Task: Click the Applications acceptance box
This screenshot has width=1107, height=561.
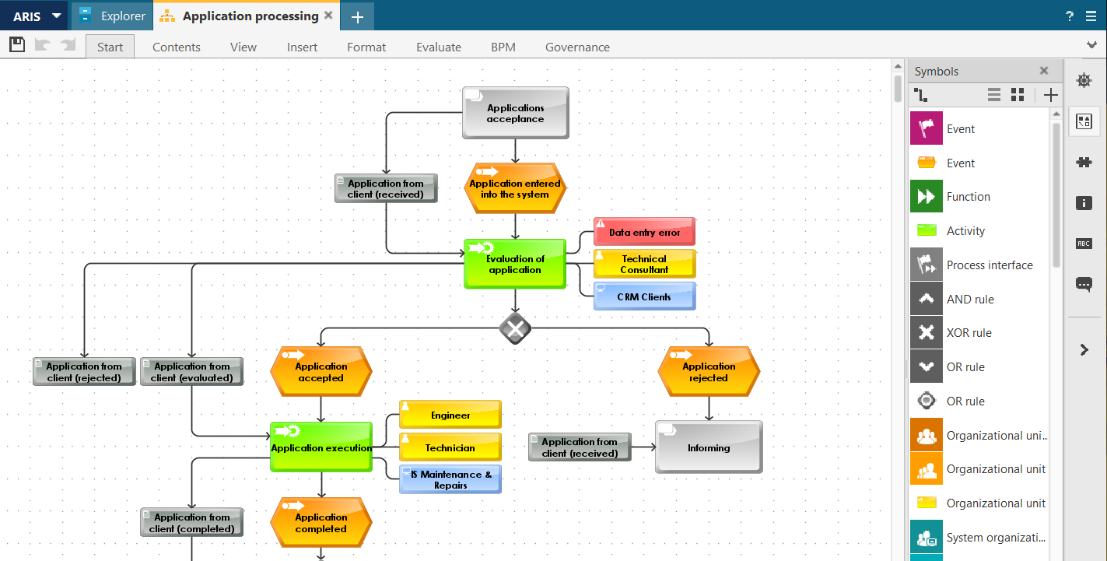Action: click(515, 113)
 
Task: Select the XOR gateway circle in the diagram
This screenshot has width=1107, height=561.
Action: click(515, 329)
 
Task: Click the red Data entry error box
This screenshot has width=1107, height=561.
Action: click(644, 232)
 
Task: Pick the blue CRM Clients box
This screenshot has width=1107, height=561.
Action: click(644, 296)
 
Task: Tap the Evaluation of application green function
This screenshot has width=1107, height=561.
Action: click(515, 264)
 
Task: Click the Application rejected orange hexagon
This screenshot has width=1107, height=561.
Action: click(709, 372)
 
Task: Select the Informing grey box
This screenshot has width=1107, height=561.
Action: click(709, 447)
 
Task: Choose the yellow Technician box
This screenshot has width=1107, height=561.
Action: click(450, 447)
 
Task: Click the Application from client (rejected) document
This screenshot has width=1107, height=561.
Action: click(84, 372)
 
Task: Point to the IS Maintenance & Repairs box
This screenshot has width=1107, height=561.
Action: click(450, 479)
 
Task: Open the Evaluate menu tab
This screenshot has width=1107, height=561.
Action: click(439, 47)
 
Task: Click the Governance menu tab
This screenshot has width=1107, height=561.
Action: click(577, 47)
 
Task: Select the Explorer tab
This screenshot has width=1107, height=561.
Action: click(113, 16)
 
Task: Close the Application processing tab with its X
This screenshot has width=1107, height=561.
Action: click(328, 16)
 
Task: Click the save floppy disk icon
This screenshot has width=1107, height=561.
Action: click(17, 45)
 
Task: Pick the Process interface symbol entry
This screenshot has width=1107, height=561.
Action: click(990, 265)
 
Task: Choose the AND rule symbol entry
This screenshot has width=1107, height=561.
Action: click(970, 299)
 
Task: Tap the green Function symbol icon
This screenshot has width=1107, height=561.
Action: click(927, 197)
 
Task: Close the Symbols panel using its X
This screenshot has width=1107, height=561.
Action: click(1044, 71)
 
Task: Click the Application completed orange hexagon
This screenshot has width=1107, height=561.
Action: click(321, 523)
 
